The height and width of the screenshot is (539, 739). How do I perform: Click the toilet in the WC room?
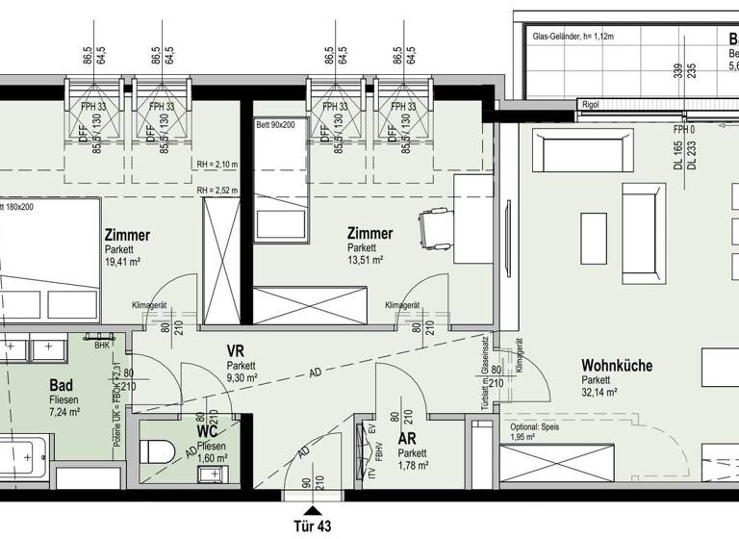[x=157, y=451]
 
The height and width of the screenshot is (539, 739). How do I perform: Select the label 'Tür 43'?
[x=312, y=527]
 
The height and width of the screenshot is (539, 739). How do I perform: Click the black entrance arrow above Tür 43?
[x=311, y=510]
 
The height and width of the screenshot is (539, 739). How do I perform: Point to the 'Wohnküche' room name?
[x=617, y=366]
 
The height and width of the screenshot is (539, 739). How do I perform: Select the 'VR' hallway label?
[x=236, y=351]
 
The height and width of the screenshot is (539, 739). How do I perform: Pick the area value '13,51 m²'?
[x=367, y=260]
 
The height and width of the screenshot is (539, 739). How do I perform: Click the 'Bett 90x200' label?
[x=277, y=125]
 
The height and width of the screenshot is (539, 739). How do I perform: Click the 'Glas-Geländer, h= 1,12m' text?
[x=573, y=38]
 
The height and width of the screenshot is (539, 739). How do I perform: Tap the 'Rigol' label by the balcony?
[x=590, y=105]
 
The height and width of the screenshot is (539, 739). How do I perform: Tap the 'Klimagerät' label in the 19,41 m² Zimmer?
[x=150, y=305]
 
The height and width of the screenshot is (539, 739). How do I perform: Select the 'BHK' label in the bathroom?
[x=102, y=344]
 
